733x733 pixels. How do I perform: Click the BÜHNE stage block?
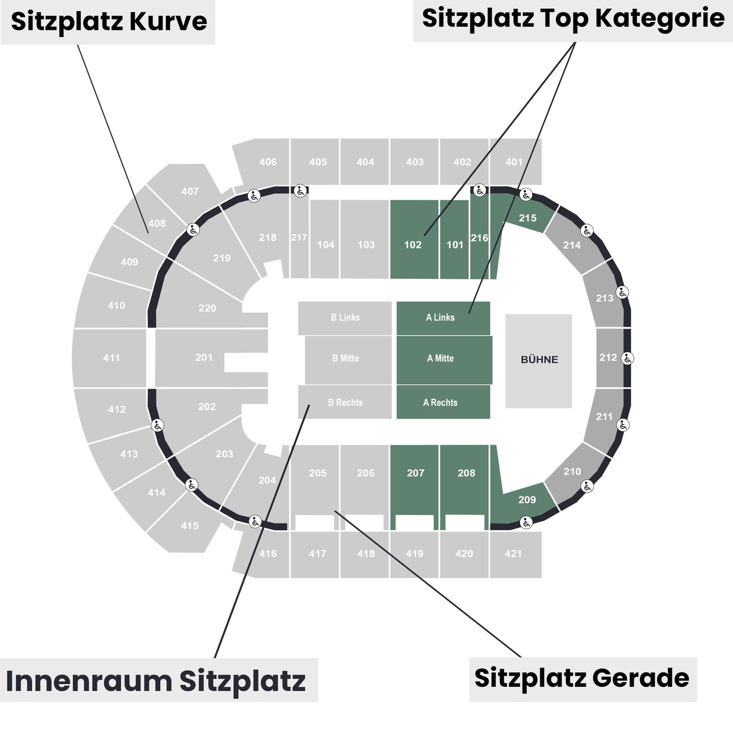click(539, 360)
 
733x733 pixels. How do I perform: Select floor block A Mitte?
click(441, 359)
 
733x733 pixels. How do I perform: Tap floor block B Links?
click(345, 318)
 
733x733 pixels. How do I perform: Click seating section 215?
click(528, 218)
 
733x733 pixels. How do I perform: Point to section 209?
click(527, 500)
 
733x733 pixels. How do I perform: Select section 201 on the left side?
click(204, 358)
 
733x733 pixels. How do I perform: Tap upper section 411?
click(112, 358)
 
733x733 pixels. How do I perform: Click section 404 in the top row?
click(365, 162)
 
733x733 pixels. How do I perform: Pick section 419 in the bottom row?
click(414, 554)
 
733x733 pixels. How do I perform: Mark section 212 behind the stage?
click(608, 358)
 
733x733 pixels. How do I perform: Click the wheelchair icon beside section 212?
click(627, 358)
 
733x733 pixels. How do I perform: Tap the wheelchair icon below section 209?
click(526, 521)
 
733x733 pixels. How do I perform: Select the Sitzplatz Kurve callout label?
click(109, 22)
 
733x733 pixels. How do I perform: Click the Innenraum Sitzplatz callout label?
click(156, 681)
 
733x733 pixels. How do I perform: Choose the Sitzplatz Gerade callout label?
click(582, 679)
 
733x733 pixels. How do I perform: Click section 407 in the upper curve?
click(190, 191)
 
